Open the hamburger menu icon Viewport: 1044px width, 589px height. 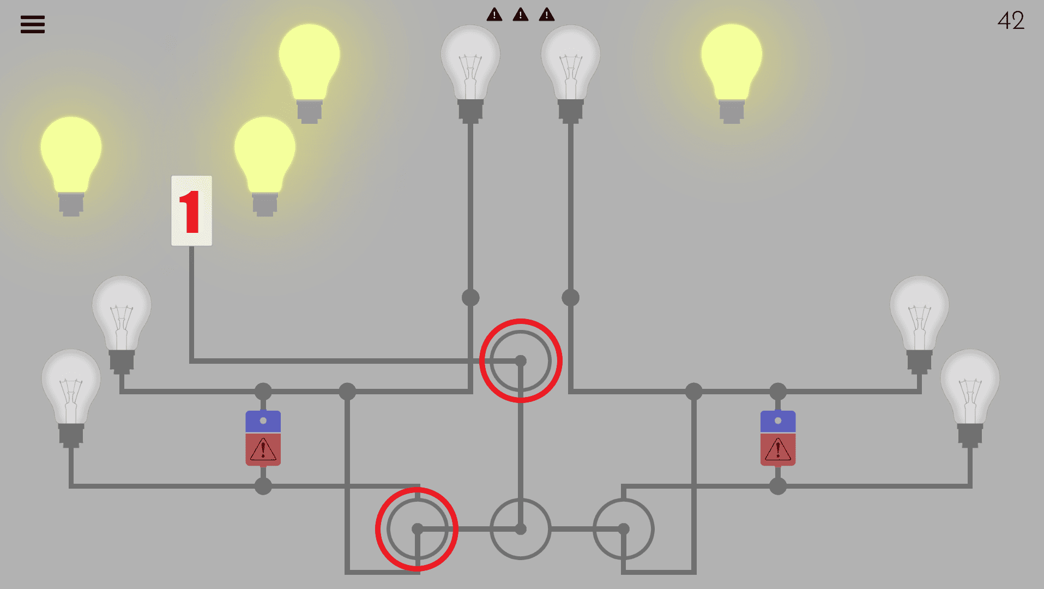[x=33, y=25]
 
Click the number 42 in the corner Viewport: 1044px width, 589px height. [x=1011, y=21]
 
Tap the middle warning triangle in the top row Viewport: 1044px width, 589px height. [x=521, y=15]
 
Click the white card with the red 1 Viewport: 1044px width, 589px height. [x=191, y=211]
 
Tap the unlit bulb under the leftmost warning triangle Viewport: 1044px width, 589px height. [x=470, y=65]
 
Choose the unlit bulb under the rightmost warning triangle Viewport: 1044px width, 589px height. [x=570, y=65]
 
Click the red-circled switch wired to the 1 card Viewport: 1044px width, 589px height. [x=521, y=361]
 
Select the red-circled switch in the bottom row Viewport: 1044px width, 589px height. [x=417, y=529]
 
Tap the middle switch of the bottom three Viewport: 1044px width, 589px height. [x=521, y=529]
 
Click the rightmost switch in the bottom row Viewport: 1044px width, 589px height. [x=624, y=529]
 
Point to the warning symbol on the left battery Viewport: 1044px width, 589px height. [x=263, y=450]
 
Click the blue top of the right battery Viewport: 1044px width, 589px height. [x=778, y=421]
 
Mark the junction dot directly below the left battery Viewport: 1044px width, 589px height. [x=263, y=486]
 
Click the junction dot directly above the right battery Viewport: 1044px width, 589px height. [x=778, y=392]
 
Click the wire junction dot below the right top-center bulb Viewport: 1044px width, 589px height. [x=570, y=298]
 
